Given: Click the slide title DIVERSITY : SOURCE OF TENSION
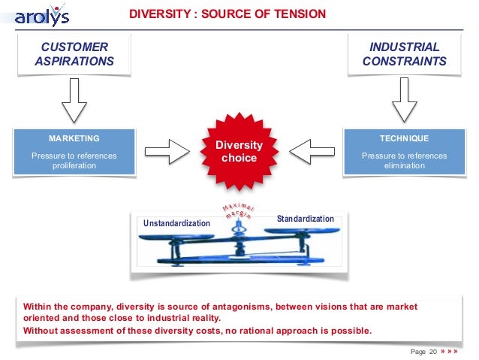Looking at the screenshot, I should click(227, 14).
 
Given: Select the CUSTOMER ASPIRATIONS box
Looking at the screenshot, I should click(74, 55).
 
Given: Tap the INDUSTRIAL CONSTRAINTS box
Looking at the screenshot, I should click(404, 55).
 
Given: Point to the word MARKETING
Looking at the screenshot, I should click(74, 139).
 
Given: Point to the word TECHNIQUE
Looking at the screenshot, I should click(404, 139).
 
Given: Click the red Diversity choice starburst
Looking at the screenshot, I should click(239, 151).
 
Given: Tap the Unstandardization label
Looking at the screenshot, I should click(177, 224).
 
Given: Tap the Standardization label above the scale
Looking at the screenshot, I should click(305, 219).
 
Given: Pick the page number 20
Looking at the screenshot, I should click(432, 351).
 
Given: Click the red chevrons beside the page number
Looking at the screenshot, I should click(449, 351).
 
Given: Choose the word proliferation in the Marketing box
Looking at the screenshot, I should click(74, 166).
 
